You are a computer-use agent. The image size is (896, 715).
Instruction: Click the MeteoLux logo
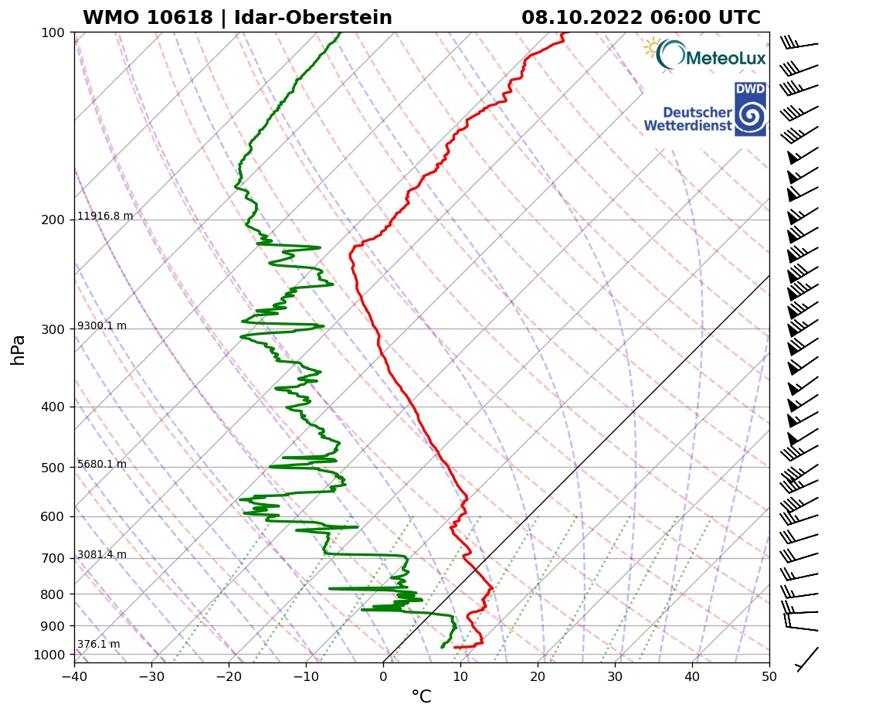704,55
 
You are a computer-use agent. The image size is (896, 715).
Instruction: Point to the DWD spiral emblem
749,117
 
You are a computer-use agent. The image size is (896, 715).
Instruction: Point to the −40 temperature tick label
74,676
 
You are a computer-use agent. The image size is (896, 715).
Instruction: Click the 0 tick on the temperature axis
383,676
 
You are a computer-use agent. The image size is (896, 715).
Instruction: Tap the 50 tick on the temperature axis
769,676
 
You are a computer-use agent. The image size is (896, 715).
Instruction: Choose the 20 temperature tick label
538,676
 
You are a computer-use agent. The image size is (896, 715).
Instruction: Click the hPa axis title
19,349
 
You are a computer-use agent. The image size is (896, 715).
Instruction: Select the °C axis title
421,697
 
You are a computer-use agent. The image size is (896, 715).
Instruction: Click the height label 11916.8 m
105,216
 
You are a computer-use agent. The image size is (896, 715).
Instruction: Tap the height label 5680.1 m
102,465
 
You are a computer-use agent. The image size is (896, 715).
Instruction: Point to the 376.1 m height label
98,645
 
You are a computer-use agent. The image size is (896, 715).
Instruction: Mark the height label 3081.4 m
102,555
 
